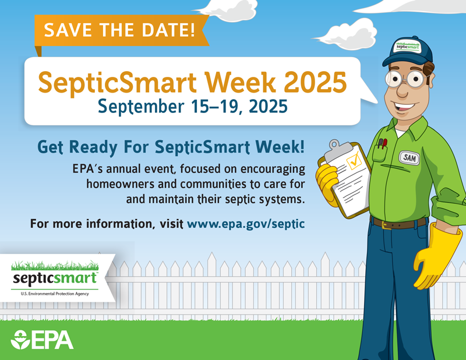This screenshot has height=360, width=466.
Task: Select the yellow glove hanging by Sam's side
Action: click(x=435, y=256)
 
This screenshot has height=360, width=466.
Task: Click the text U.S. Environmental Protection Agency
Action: click(x=54, y=294)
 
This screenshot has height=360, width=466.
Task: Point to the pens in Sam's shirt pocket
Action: click(x=382, y=143)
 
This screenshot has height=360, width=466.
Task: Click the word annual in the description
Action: click(x=129, y=170)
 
